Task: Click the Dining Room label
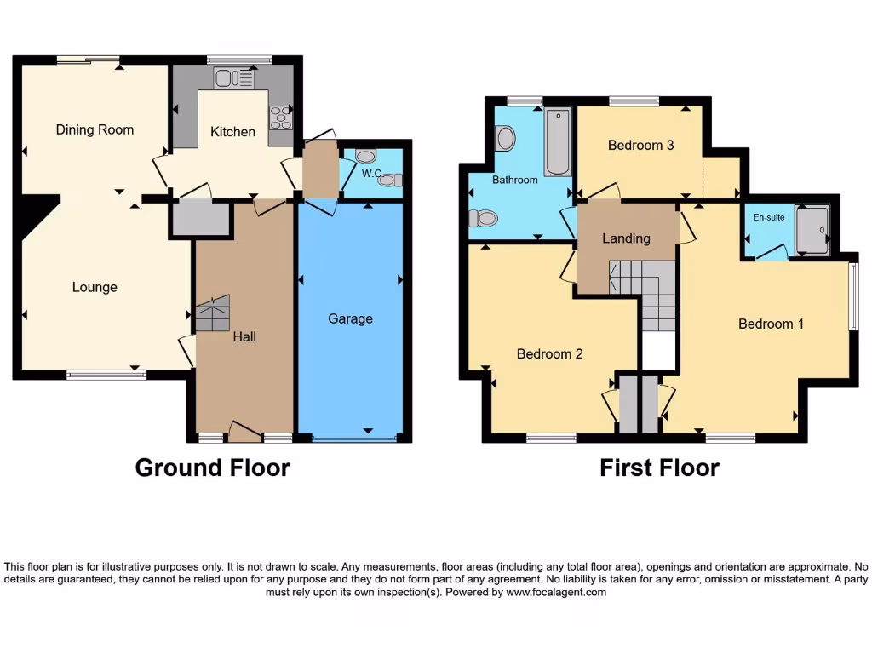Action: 95,129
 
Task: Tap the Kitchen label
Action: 232,131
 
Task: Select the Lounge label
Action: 95,287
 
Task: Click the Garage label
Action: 350,318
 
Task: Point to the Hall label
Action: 244,336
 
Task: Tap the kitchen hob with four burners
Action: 280,118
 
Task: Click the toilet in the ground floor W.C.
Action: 365,157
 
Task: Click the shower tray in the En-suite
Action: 812,229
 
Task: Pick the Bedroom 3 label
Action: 640,145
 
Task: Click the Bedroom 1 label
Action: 771,324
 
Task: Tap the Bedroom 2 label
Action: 549,353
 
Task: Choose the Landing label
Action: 626,238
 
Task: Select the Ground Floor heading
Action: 212,468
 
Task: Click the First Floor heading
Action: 659,468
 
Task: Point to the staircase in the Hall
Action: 213,313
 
